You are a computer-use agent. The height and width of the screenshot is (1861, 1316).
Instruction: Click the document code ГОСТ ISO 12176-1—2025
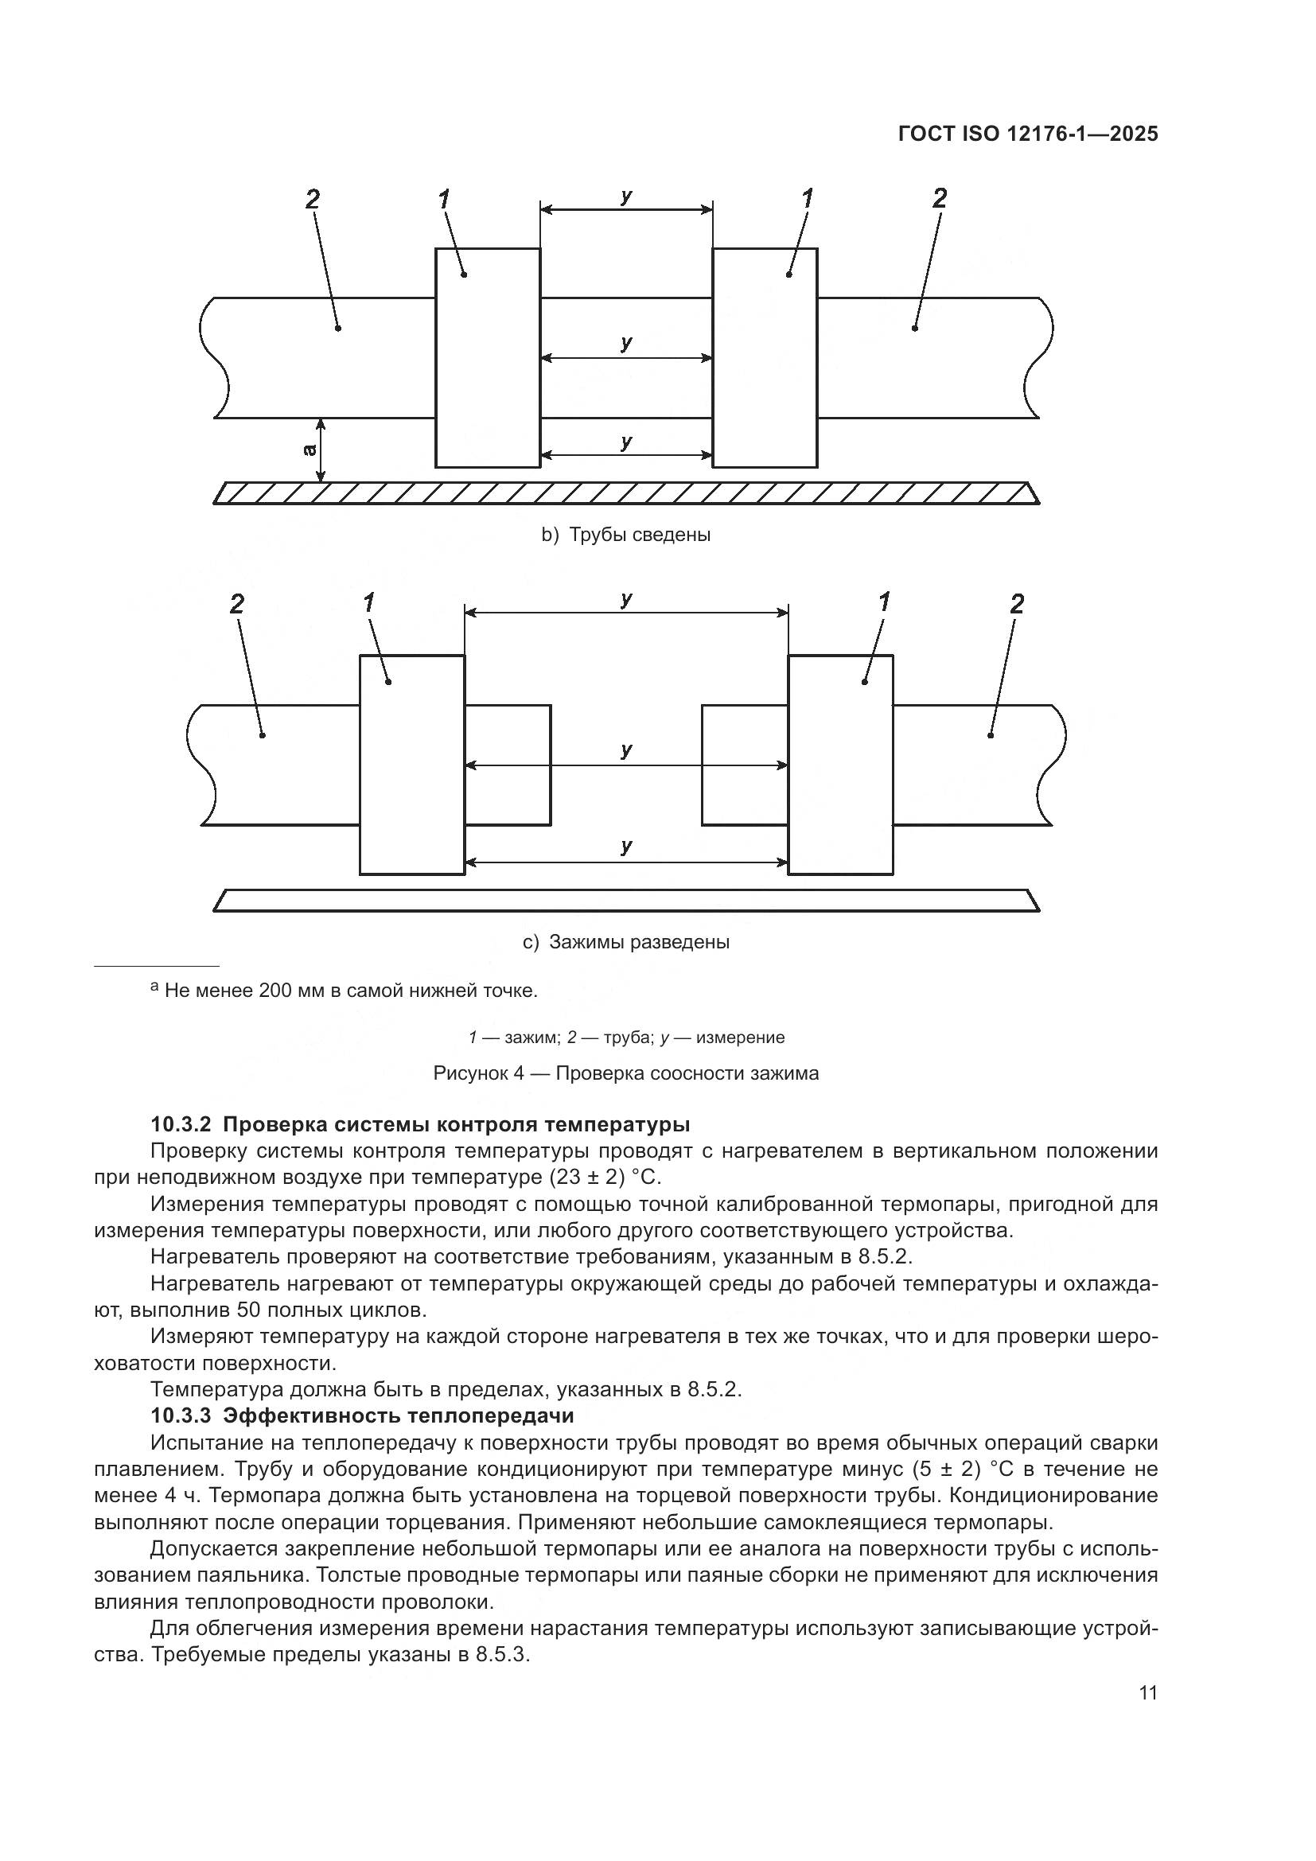coord(1027,134)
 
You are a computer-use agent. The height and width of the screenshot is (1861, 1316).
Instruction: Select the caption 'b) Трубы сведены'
coord(625,535)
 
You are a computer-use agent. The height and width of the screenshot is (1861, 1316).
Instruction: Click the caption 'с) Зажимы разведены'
coord(625,942)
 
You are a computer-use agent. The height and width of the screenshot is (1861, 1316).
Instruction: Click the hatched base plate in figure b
coord(625,493)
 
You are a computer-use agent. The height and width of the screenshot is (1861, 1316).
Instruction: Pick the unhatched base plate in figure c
coord(625,901)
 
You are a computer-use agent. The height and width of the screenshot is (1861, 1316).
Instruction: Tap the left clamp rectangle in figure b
coord(488,357)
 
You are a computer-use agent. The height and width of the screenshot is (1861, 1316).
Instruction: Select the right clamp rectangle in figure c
coord(840,765)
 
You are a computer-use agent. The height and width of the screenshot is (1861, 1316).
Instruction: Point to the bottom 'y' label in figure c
coord(626,846)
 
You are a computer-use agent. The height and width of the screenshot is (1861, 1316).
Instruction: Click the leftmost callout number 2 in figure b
coord(313,199)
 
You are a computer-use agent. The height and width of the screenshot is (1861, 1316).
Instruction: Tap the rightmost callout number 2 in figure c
coord(1017,604)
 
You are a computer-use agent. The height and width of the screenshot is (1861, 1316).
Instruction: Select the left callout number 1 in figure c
coord(369,603)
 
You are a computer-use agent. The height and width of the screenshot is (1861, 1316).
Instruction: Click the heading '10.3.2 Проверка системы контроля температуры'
coord(420,1124)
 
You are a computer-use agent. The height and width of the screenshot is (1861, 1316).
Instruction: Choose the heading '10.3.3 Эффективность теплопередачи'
coord(362,1415)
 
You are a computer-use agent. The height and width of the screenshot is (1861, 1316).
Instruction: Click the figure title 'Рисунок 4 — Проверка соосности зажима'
coord(625,1073)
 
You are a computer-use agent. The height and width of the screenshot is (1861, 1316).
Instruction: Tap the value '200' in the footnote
coord(276,991)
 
